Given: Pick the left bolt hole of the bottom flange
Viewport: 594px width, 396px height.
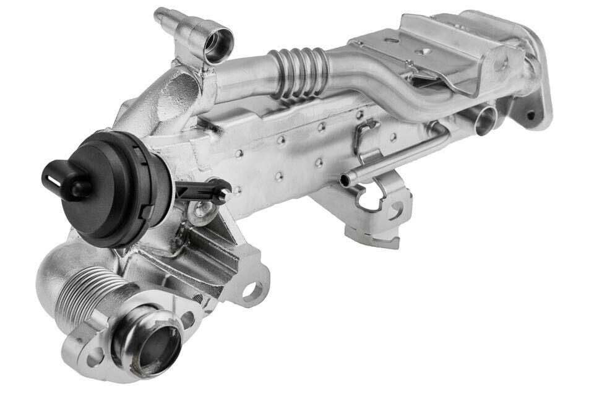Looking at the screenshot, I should tap(95, 356).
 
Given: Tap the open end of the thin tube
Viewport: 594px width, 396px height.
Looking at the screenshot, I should tap(344, 180).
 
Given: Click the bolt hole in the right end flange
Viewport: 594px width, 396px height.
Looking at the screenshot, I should tap(530, 115).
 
